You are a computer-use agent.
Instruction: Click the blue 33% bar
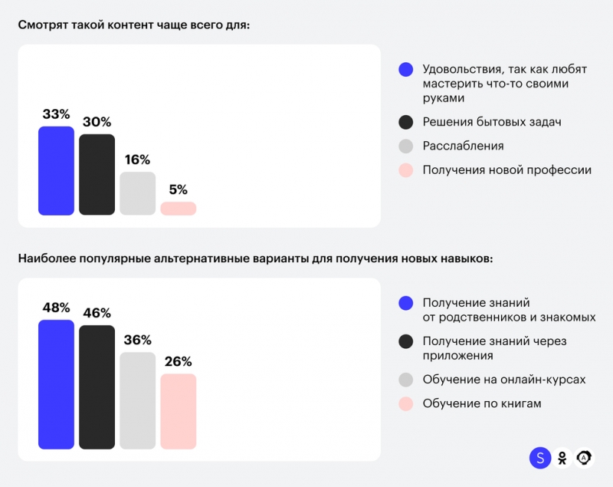point(56,170)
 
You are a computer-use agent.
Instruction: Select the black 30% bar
point(97,174)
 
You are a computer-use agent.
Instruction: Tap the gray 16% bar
point(137,193)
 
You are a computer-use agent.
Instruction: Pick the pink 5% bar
point(178,208)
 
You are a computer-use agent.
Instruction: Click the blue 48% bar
point(56,383)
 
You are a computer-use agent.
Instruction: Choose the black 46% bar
point(97,387)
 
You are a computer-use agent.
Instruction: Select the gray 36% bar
point(137,400)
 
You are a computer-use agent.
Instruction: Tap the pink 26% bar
point(178,411)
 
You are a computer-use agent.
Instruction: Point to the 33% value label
point(56,114)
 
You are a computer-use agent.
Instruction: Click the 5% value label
point(178,189)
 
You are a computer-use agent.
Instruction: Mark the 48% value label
point(56,308)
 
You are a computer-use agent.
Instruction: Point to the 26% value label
point(178,361)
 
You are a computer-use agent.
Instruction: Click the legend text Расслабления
point(463,146)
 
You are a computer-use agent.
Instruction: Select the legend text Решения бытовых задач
point(487,122)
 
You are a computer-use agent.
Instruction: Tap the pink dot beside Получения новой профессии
point(407,170)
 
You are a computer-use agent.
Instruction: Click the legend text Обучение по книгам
point(482,403)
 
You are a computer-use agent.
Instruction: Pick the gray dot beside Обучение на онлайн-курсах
point(407,380)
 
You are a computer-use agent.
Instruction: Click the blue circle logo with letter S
point(540,458)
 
